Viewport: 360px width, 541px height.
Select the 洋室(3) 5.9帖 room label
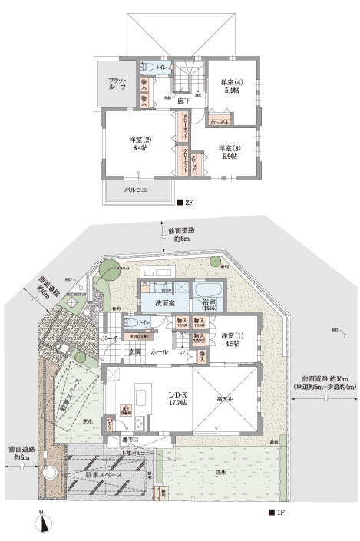tap(227, 151)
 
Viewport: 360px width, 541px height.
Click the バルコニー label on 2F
tap(138, 189)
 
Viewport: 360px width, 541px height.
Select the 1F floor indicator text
tap(278, 511)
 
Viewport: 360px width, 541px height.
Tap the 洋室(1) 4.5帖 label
tap(233, 338)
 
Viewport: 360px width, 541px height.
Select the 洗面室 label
tap(158, 303)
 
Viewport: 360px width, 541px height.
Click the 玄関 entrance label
tap(136, 351)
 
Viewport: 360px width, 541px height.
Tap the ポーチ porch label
tap(109, 338)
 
